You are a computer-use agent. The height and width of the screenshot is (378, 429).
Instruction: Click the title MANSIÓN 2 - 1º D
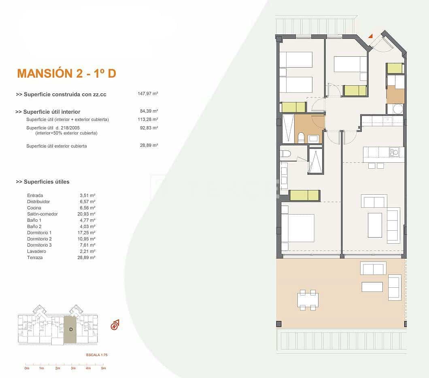tap(66, 73)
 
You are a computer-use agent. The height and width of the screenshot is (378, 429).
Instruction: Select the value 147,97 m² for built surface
tap(148, 93)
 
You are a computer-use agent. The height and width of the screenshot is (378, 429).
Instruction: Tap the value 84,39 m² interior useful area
tap(149, 111)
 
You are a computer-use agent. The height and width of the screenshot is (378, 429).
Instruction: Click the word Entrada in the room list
tap(35, 195)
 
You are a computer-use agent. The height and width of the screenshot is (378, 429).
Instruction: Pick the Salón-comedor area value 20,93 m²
tap(87, 214)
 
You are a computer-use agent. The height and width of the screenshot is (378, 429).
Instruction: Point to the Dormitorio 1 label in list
tap(39, 233)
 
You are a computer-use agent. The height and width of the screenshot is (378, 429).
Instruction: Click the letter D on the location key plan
tap(71, 329)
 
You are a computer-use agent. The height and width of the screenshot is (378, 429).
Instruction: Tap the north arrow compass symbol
tap(115, 325)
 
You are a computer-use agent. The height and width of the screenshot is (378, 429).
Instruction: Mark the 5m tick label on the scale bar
tap(103, 368)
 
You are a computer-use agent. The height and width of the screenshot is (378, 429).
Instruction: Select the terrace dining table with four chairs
tap(308, 300)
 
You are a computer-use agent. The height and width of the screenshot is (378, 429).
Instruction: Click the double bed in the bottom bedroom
tap(299, 228)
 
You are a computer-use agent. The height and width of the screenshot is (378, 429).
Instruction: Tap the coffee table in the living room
tap(374, 225)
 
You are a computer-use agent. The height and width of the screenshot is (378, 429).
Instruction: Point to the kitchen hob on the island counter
tap(394, 152)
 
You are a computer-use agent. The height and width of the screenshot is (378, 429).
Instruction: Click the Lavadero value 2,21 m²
tap(87, 251)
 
